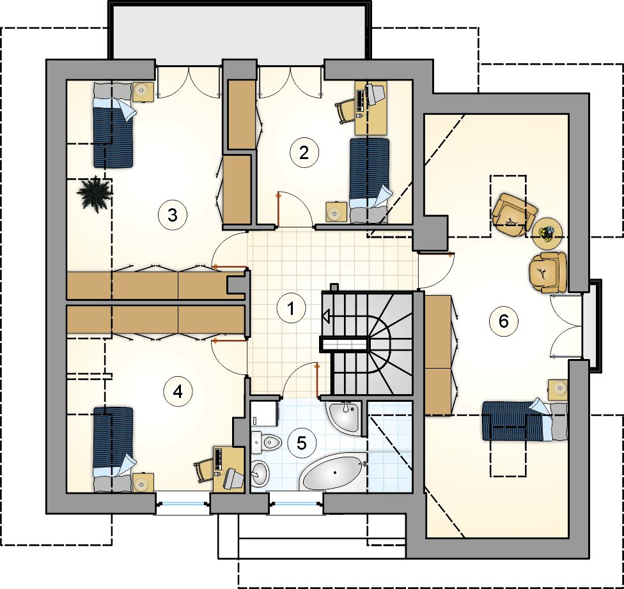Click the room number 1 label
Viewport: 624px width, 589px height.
coord(292,308)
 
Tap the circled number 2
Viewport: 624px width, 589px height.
coord(304,152)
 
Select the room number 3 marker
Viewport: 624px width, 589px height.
coord(173,215)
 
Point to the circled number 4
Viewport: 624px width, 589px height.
coord(178,392)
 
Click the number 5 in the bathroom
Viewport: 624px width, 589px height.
coord(302,443)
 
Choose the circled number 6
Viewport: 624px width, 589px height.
coord(504,321)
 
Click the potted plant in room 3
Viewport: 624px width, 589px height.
coord(95,193)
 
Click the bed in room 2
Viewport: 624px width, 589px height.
coord(370,179)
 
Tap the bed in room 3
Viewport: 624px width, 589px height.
coord(113,125)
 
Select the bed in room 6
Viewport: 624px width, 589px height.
coord(525,420)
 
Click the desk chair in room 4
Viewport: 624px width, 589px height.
coord(204,470)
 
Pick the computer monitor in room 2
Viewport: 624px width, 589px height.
coord(375,94)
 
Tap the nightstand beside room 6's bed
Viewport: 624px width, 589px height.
coord(558,390)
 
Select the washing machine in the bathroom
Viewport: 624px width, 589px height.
coord(265,413)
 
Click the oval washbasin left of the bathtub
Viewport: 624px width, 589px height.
coord(260,473)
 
